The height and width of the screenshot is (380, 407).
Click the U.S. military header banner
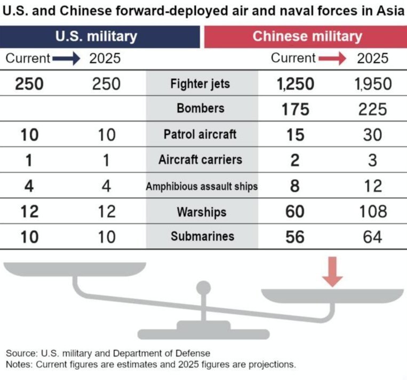100,37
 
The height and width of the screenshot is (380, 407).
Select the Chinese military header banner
306,37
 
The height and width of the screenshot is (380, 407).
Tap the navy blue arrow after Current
66,59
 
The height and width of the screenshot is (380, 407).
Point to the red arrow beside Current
332,58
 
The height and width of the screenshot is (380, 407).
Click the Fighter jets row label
200,84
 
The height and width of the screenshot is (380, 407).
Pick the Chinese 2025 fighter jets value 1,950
373,84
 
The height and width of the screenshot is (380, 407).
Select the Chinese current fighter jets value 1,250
296,84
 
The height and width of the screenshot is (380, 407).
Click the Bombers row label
201,108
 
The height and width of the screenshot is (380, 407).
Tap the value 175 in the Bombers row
296,109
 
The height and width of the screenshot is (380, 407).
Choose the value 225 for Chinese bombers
373,109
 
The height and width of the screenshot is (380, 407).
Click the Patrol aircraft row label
200,134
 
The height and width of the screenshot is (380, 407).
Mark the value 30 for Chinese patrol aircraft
372,135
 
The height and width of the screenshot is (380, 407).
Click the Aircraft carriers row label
201,159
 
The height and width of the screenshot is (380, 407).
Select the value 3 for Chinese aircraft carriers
372,160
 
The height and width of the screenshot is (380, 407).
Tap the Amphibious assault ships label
202,186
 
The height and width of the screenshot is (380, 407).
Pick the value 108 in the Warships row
373,212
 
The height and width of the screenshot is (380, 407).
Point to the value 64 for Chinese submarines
372,237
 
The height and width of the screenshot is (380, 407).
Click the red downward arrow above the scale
332,272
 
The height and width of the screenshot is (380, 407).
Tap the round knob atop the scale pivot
204,288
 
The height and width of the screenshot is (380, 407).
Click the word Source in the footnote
22,353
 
